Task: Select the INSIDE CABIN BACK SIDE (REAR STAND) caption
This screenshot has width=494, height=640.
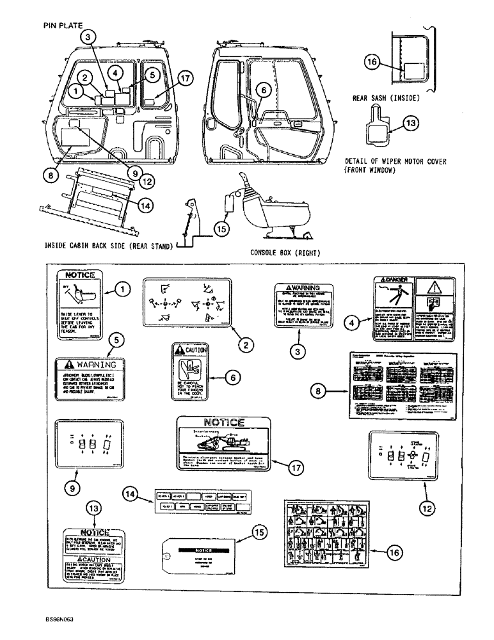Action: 109,245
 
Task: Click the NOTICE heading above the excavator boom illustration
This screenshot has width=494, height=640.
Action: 223,422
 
